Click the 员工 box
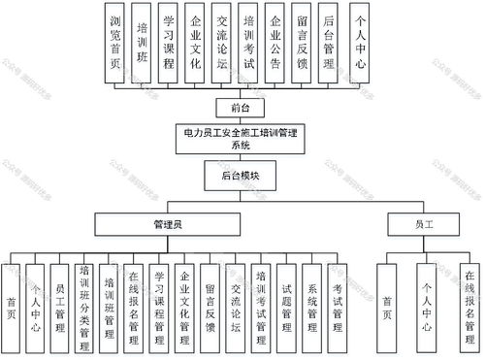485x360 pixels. [424, 224]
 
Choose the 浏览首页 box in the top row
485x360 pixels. [117, 41]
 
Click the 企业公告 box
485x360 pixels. [276, 41]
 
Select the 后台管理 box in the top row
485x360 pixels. [329, 41]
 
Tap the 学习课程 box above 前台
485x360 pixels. [170, 41]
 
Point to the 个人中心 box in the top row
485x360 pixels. [362, 41]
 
